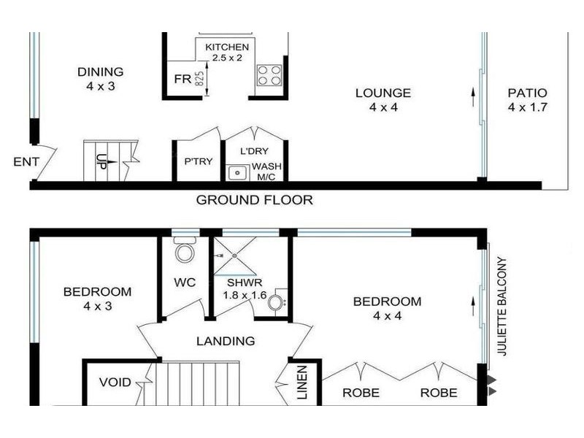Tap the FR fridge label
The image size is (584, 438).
[182, 79]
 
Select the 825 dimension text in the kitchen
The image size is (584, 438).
[199, 79]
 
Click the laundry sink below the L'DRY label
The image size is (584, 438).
[237, 173]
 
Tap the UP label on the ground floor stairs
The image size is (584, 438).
[101, 161]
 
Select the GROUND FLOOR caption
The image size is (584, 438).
[254, 200]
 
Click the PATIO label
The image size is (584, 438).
[527, 93]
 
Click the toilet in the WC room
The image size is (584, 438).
[185, 252]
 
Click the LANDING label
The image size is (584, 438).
[226, 341]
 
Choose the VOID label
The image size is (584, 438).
[115, 382]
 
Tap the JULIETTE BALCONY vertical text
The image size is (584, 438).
[502, 306]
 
